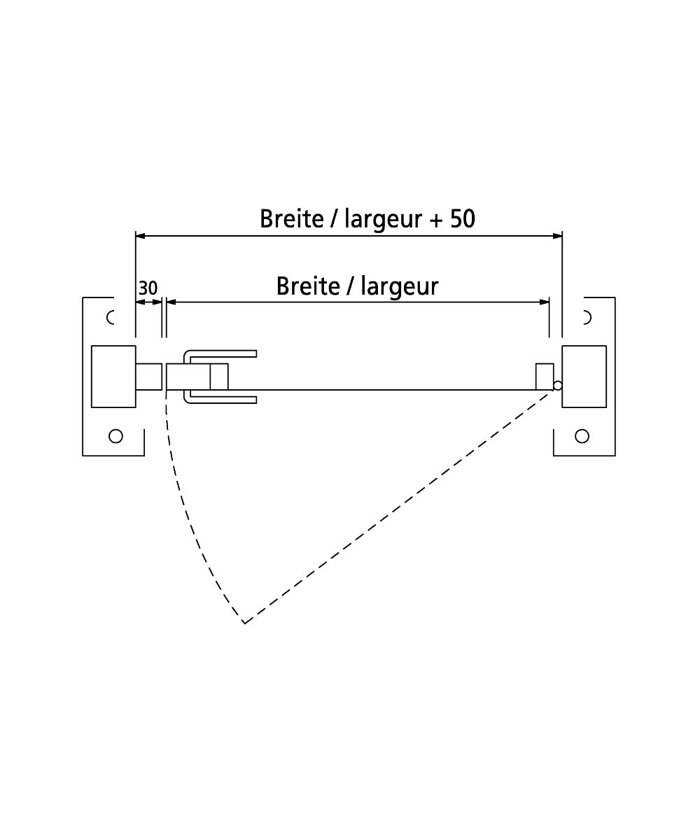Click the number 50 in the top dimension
click(x=462, y=219)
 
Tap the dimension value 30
click(x=148, y=288)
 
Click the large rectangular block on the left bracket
click(x=113, y=377)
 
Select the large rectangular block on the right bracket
click(x=584, y=377)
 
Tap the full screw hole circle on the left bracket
click(x=116, y=436)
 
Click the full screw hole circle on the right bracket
click(x=582, y=436)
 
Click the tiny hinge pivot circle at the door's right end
click(x=558, y=386)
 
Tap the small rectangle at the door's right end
click(x=545, y=376)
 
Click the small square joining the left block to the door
click(x=149, y=377)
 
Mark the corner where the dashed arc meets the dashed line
click(x=244, y=622)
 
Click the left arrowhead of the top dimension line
click(x=140, y=236)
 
